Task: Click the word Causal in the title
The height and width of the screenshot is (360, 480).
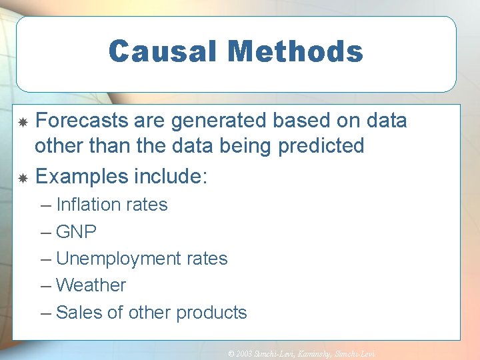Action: [x=161, y=51]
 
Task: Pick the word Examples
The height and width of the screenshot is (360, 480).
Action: [x=82, y=177]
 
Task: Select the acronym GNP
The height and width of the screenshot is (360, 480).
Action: [x=77, y=232]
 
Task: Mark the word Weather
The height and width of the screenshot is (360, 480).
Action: [x=91, y=285]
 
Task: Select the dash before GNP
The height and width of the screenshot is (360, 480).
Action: [x=45, y=232]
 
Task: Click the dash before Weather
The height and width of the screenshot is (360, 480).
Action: [x=45, y=285]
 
